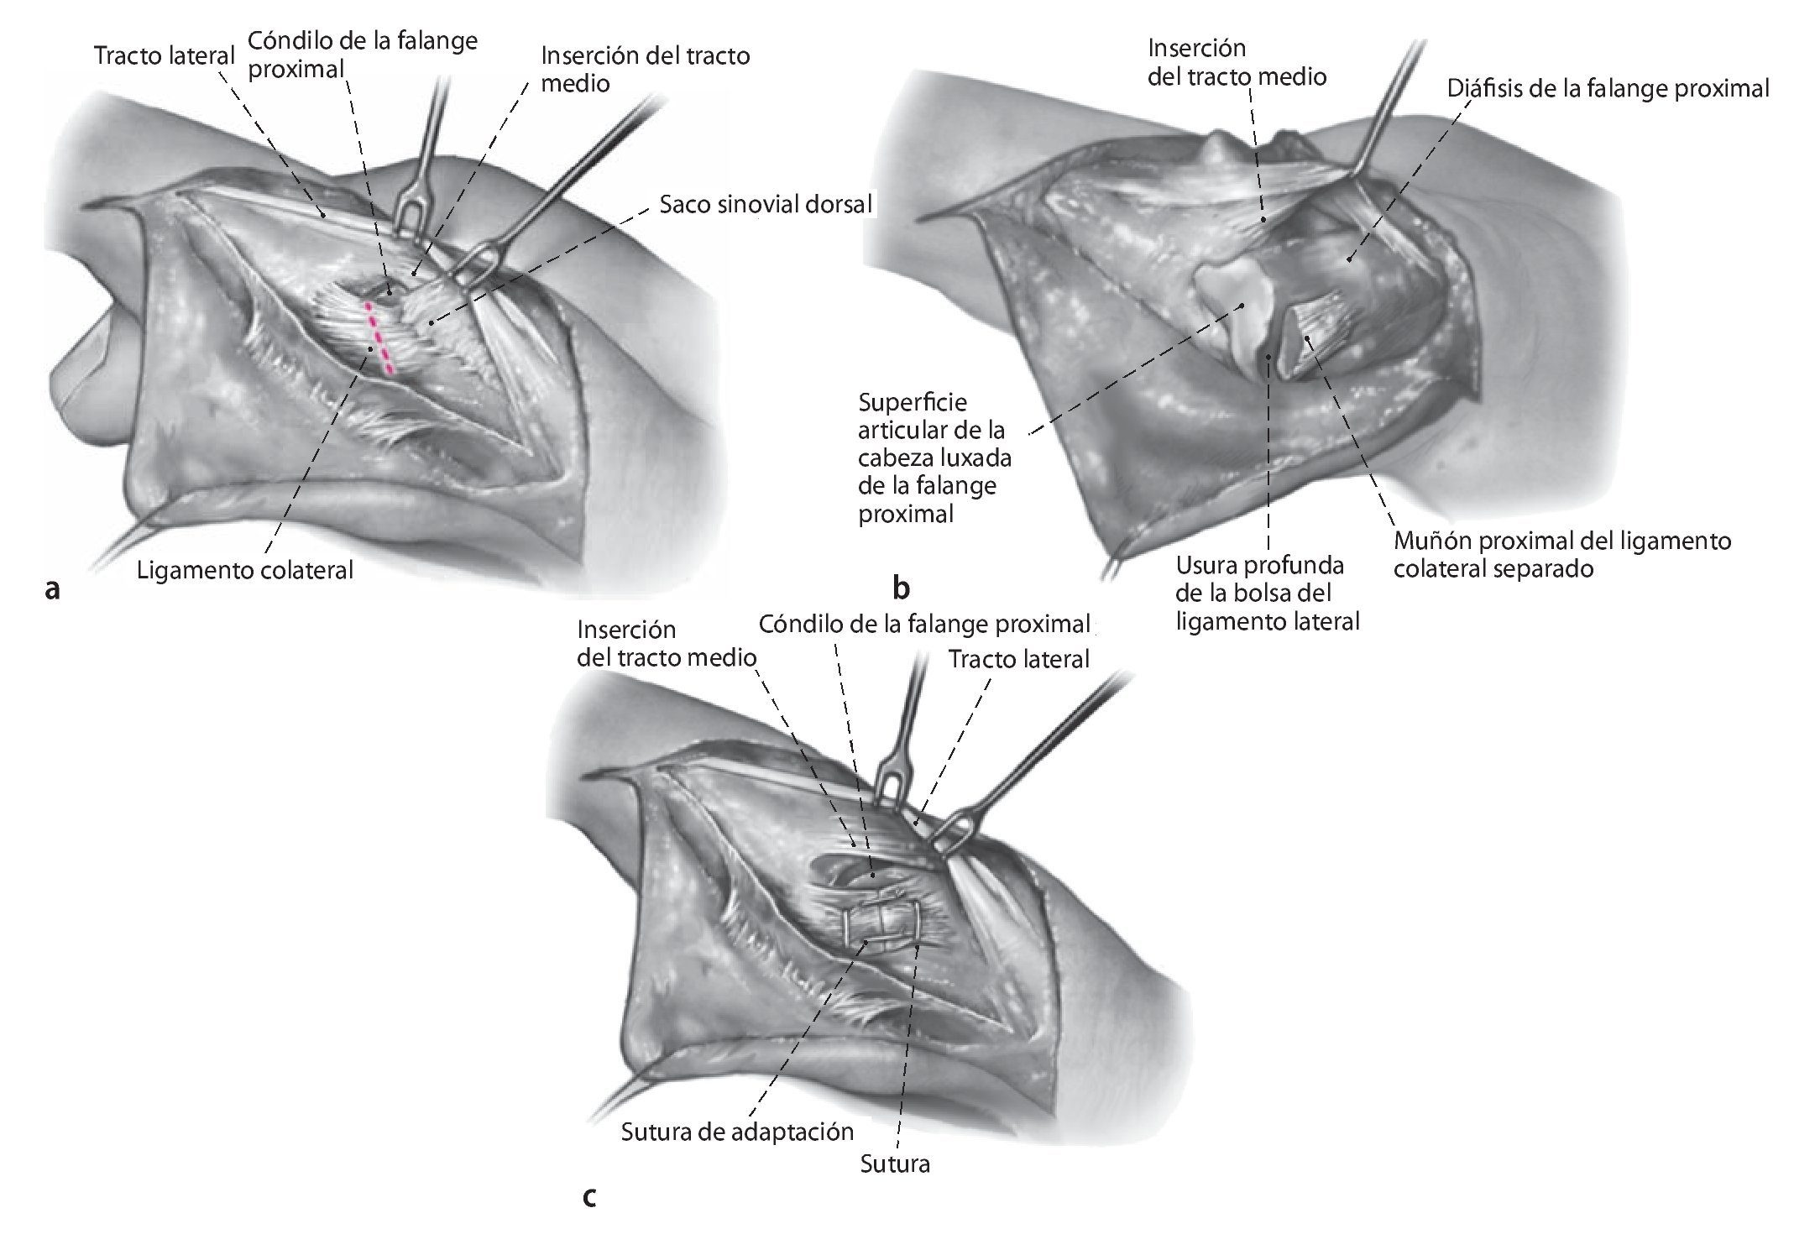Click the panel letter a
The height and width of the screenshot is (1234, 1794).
52,590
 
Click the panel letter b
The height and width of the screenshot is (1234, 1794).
902,590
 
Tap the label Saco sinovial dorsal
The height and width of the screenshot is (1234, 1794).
765,204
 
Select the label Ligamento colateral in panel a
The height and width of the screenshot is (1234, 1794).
245,570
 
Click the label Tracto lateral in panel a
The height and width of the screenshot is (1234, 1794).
165,56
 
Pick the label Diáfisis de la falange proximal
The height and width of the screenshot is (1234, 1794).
1608,88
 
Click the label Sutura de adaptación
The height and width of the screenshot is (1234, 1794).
737,1132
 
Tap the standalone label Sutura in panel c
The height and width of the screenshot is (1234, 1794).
895,1164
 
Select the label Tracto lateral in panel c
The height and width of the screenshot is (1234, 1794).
1018,659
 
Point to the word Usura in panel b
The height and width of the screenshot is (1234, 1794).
1207,565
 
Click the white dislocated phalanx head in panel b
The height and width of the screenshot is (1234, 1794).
1234,310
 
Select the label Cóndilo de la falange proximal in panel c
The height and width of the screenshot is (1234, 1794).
923,624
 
